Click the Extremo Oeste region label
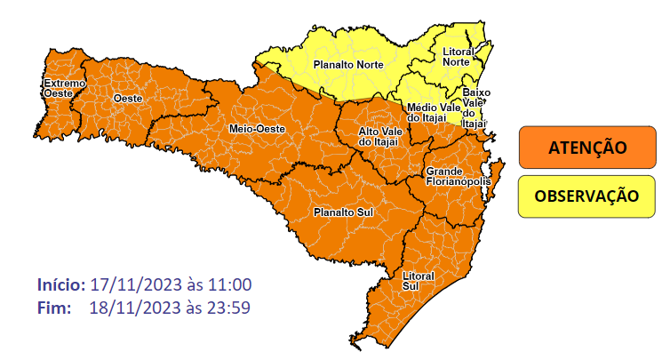65,87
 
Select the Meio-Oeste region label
257,128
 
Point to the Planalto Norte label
345,64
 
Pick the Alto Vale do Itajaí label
380,137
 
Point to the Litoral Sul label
417,280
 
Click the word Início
60,285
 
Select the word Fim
55,308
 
